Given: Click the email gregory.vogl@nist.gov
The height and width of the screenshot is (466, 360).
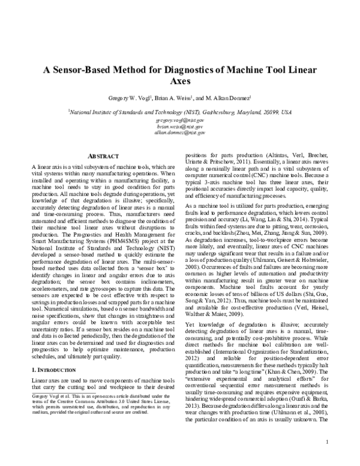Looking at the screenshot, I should tap(180, 120).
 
